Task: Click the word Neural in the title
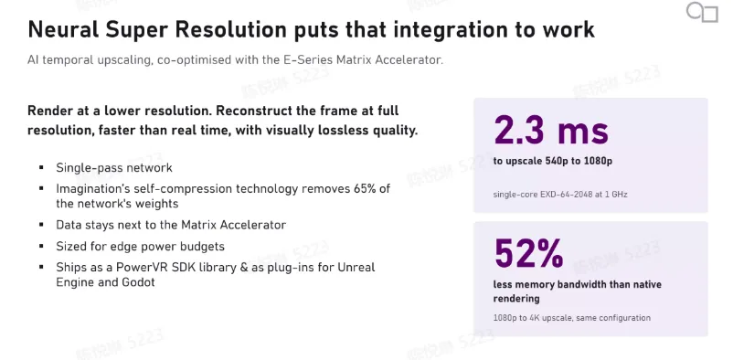63,29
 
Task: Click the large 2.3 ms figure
551,131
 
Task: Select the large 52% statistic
528,253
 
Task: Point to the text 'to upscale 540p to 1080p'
553,162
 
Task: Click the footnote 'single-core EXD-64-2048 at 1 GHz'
560,194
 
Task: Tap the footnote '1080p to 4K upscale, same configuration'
572,318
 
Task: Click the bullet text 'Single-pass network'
114,168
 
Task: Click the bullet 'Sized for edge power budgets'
140,247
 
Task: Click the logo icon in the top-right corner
702,12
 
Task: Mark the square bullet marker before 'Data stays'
42,225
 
